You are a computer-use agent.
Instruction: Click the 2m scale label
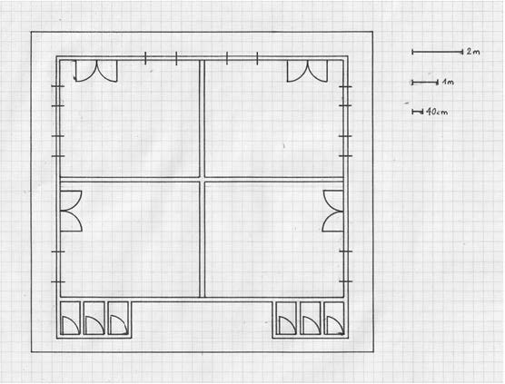pos(473,52)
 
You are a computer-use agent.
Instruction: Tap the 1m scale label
pos(448,82)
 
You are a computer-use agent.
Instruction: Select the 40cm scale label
pos(437,112)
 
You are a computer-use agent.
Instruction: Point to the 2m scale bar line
pos(438,52)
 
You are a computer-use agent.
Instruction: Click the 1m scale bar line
pos(425,83)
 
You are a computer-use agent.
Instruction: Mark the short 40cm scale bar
pos(418,112)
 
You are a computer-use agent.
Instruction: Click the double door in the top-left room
pos(96,71)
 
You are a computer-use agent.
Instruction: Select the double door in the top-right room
pos(308,71)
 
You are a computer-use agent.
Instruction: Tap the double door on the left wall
pos(71,211)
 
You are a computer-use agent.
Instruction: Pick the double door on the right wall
pos(333,211)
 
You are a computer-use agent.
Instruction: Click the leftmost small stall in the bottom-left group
pos(70,318)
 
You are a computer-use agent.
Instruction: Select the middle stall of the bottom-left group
pos(94,318)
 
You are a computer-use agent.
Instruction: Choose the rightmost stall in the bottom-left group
pos(118,318)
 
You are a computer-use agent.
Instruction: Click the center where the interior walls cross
pos(203,179)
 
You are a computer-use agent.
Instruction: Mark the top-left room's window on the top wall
pos(161,58)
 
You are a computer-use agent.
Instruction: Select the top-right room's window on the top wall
pos(243,58)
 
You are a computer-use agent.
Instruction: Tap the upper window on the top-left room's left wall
pos(58,96)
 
